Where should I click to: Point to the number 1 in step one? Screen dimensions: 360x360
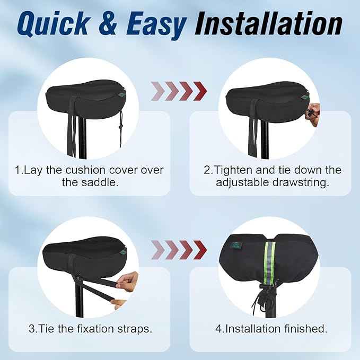coord(17,170)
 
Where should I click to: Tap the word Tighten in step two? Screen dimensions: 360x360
coord(233,170)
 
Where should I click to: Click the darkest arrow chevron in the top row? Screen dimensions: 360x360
coord(200,91)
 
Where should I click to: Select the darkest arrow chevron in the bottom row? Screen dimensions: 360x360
coord(200,249)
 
